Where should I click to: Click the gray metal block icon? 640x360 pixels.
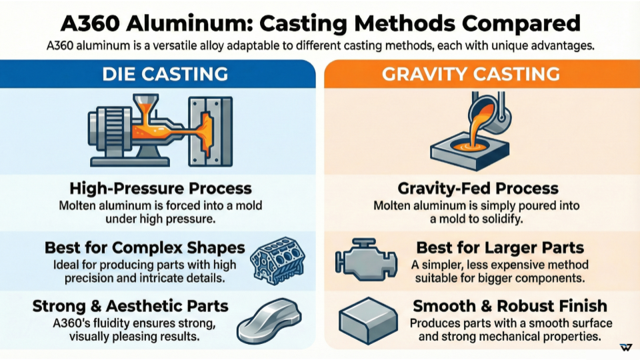[x=365, y=321]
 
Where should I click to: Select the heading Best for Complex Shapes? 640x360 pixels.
[x=145, y=248]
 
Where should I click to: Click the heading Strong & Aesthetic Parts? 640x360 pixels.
[x=131, y=306]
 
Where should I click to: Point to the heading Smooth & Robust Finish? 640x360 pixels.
[x=510, y=306]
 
